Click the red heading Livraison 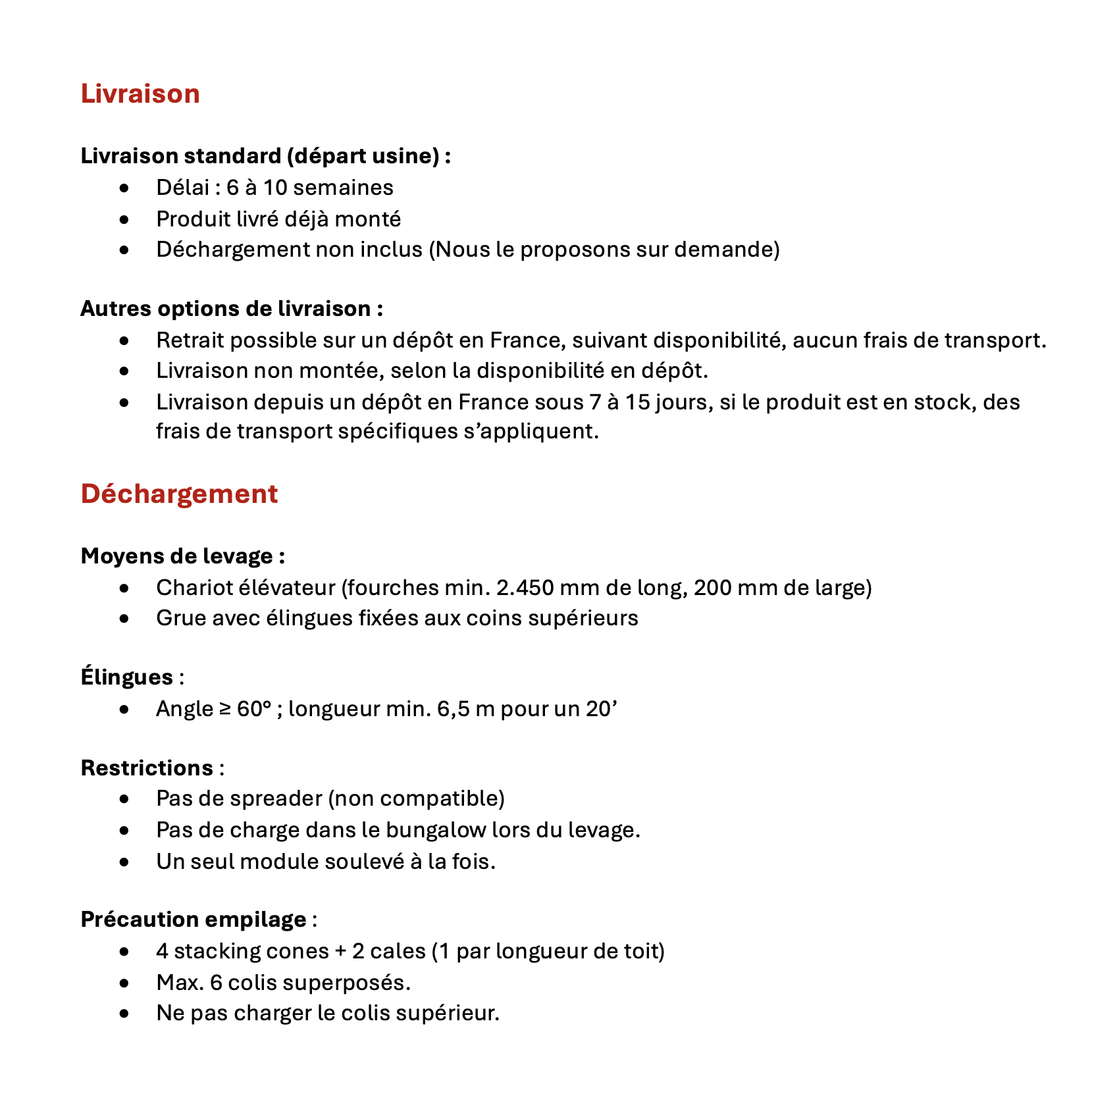pyautogui.click(x=140, y=94)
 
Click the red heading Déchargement pyautogui.click(x=179, y=494)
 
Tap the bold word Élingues pyautogui.click(x=126, y=677)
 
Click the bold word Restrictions pyautogui.click(x=147, y=768)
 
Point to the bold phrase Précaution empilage pyautogui.click(x=193, y=920)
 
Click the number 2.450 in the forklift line pyautogui.click(x=524, y=587)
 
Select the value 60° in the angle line pyautogui.click(x=254, y=709)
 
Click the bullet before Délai pyautogui.click(x=124, y=188)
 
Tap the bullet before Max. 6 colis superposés pyautogui.click(x=124, y=983)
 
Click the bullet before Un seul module pyautogui.click(x=124, y=862)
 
